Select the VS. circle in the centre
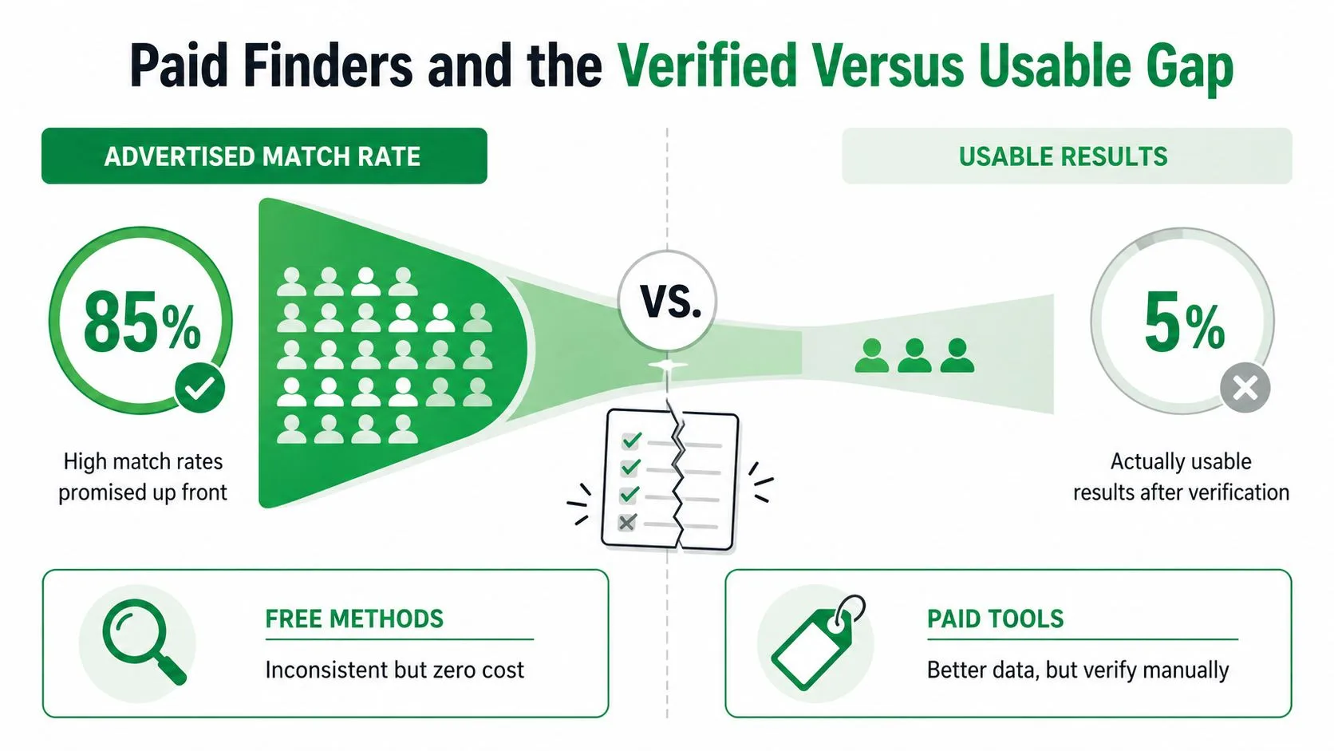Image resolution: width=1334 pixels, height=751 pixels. pos(668,301)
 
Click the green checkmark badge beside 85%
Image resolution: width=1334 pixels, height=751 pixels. pos(200,389)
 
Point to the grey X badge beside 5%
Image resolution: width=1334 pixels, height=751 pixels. pos(1245,389)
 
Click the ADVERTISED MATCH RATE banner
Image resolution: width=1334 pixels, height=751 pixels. pos(264,156)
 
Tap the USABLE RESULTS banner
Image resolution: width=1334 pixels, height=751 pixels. pos(1067,156)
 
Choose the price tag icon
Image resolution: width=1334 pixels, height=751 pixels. pos(817,642)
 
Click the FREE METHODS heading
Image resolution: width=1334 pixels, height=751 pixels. pos(354,619)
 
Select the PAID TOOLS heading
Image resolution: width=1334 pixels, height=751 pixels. pos(995,619)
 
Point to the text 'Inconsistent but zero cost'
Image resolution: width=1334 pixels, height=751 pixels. pos(394,670)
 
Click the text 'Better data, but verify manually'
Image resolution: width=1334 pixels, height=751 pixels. pos(1078,670)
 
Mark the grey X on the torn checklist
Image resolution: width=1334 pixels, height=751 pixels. pos(626,523)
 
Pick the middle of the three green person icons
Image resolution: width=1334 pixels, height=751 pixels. pos(914,356)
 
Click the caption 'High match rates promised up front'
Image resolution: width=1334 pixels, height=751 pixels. pos(143,477)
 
